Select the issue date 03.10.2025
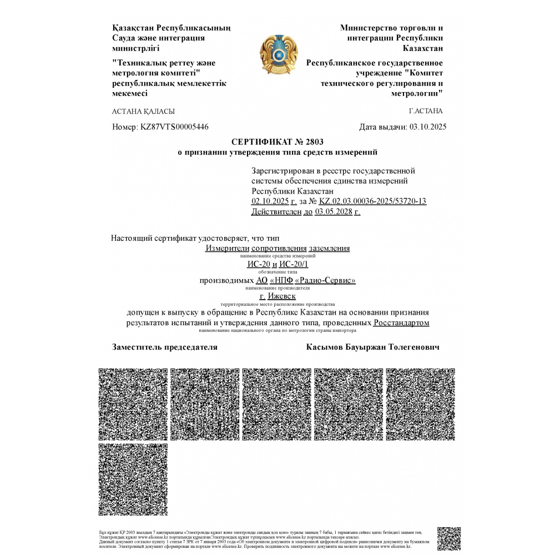(428, 127)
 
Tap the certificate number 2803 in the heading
(313, 142)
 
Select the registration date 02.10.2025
(270, 201)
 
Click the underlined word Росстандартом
(401, 322)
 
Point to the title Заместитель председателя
(165, 347)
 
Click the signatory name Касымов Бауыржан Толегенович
(372, 347)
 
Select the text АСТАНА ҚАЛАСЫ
(144, 111)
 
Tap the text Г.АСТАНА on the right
(426, 111)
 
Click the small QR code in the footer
(449, 538)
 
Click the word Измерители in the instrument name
(228, 248)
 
